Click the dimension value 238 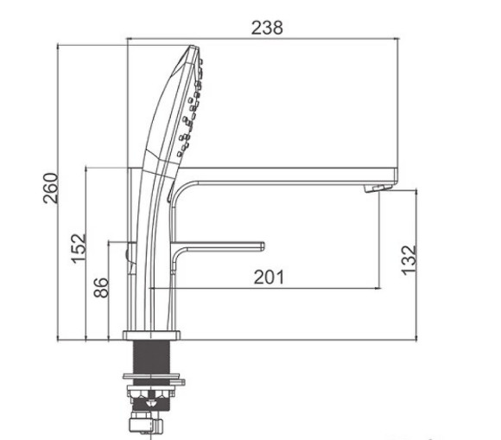267,28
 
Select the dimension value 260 50,188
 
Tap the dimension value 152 79,249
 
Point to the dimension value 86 101,288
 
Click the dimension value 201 269,277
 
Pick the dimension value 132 409,260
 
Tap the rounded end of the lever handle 262,246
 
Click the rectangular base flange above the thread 151,335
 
